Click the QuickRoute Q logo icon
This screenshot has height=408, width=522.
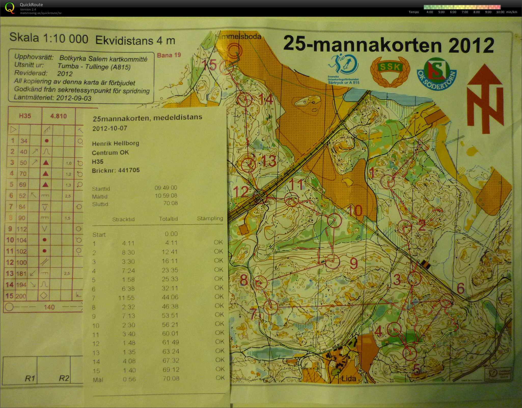pyautogui.click(x=10, y=8)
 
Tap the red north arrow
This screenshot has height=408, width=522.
pyautogui.click(x=485, y=99)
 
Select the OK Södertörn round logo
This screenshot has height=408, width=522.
pyautogui.click(x=436, y=74)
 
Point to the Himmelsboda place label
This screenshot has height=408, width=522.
pyautogui.click(x=238, y=37)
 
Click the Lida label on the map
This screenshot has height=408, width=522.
pyautogui.click(x=349, y=378)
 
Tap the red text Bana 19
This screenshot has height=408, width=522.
pyautogui.click(x=169, y=55)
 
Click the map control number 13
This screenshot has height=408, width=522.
pyautogui.click(x=268, y=161)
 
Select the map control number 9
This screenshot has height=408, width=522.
pyautogui.click(x=354, y=264)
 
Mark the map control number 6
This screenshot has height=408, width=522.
pyautogui.click(x=460, y=288)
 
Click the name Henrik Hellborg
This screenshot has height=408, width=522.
pyautogui.click(x=116, y=143)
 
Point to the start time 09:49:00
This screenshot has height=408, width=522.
pyautogui.click(x=166, y=188)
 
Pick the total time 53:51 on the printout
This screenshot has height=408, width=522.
pyautogui.click(x=170, y=316)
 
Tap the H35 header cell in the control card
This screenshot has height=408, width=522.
pyautogui.click(x=25, y=116)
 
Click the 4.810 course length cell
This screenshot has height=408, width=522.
pyautogui.click(x=59, y=116)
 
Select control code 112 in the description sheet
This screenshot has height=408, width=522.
pyautogui.click(x=22, y=229)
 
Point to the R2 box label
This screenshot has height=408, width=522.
pyautogui.click(x=64, y=378)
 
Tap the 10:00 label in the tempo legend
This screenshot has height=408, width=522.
pyautogui.click(x=500, y=12)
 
